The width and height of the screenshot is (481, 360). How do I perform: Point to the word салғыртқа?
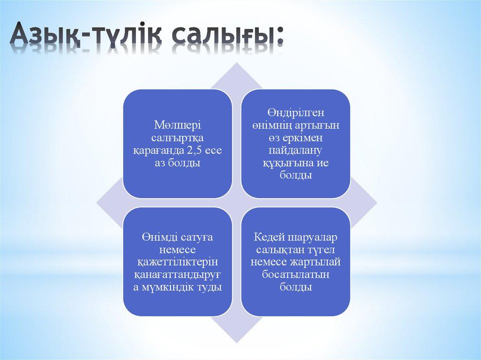click(177, 138)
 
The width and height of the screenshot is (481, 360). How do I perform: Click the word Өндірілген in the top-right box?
click(296, 114)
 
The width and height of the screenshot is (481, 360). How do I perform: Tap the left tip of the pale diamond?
click(97, 203)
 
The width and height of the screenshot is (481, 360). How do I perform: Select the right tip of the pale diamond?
click(376, 203)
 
